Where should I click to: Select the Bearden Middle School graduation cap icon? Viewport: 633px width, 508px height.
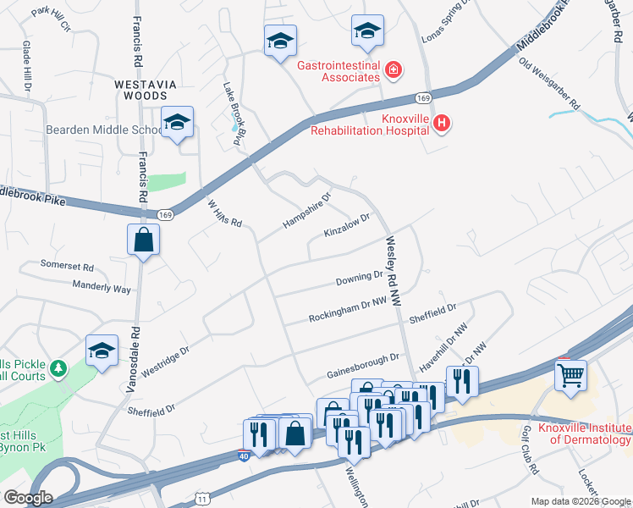pyautogui.click(x=177, y=123)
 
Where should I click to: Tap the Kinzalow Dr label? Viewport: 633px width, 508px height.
pyautogui.click(x=347, y=225)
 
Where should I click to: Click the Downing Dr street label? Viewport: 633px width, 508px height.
pyautogui.click(x=360, y=278)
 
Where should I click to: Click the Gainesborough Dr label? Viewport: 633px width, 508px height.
pyautogui.click(x=362, y=366)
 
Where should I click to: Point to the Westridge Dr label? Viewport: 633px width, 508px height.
pyautogui.click(x=164, y=359)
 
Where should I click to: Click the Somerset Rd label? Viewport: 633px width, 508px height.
pyautogui.click(x=67, y=265)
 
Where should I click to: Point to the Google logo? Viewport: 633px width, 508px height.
pyautogui.click(x=29, y=498)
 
